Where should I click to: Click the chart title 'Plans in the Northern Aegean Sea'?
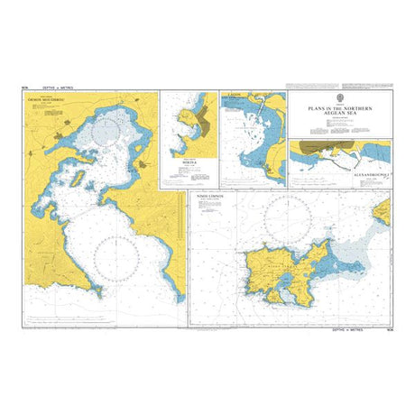coord(339,108)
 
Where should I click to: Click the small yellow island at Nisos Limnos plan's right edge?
coord(383,212)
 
